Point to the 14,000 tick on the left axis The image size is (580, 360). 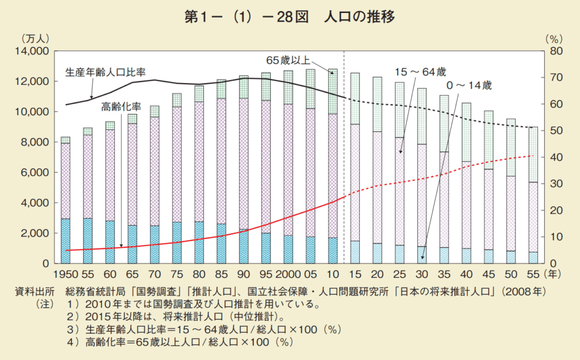click(33, 52)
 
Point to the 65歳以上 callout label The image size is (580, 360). click(289, 59)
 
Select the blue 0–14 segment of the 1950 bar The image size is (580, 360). click(66, 241)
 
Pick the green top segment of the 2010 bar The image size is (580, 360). click(332, 91)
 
